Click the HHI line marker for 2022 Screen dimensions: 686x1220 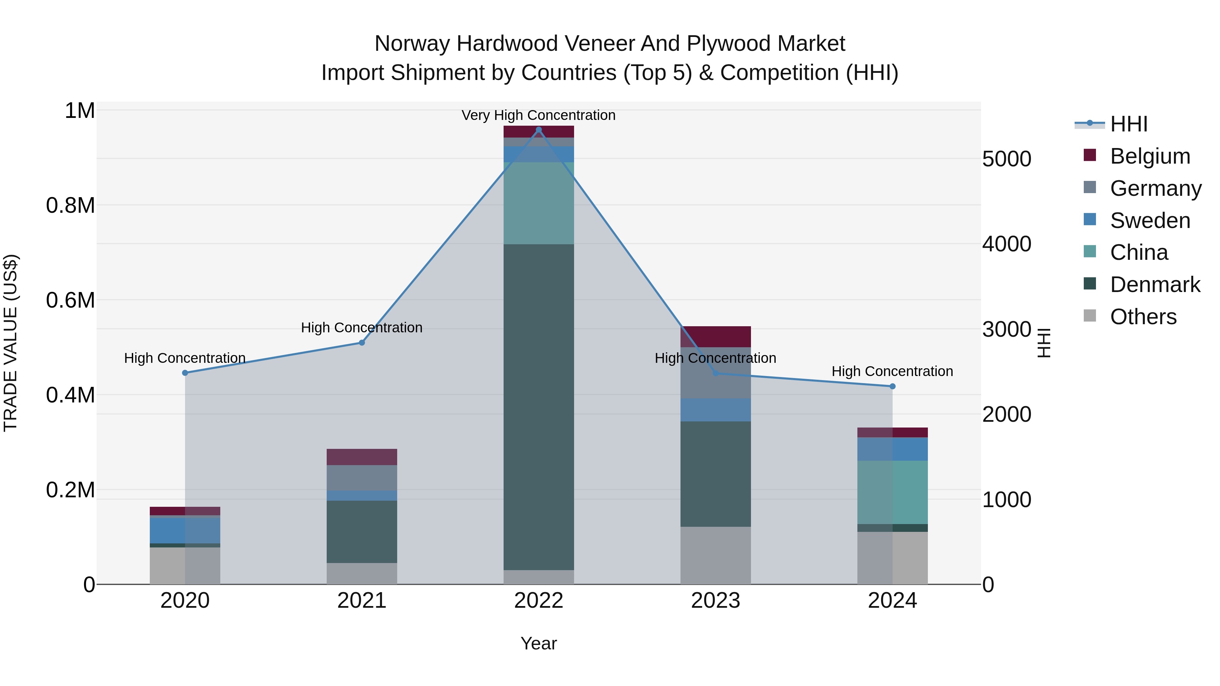coord(538,130)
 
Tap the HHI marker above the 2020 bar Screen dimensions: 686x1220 coord(185,373)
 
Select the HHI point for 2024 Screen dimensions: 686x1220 coord(892,386)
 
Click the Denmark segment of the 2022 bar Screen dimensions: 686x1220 coord(538,407)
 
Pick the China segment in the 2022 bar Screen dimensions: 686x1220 coord(538,204)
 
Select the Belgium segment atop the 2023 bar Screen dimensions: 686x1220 coord(716,337)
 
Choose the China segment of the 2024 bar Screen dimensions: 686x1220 coord(892,492)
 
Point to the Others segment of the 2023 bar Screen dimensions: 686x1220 coord(716,555)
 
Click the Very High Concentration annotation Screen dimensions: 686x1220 coord(538,116)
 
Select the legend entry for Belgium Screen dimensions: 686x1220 coord(1150,156)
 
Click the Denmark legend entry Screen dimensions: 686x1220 coord(1155,285)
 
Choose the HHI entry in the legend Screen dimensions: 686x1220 coord(1128,124)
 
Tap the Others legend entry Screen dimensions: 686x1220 coord(1143,317)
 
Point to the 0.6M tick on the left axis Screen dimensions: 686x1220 coord(70,300)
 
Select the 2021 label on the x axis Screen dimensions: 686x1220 coord(362,601)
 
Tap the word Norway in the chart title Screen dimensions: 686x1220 coord(411,44)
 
